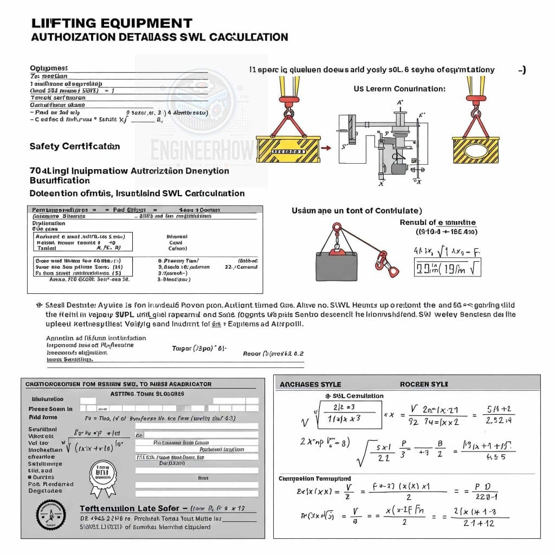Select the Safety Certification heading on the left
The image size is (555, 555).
tap(75, 146)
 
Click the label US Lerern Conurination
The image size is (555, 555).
tap(399, 89)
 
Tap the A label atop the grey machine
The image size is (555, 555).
tap(400, 102)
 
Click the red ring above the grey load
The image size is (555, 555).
tap(337, 227)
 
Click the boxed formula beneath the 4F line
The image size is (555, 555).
tap(448, 267)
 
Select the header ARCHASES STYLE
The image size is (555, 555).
tap(310, 384)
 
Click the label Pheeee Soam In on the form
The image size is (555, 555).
tap(50, 409)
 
